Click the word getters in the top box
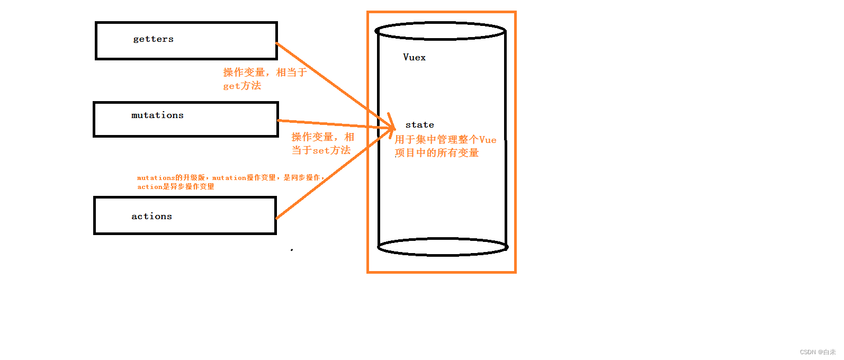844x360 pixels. (x=153, y=39)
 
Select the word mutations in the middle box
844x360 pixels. (x=157, y=115)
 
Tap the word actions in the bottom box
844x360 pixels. (x=151, y=217)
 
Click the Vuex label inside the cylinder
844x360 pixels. (x=414, y=57)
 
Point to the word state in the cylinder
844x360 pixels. (x=419, y=125)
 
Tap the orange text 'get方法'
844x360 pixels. (x=242, y=86)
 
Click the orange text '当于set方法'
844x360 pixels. (x=321, y=150)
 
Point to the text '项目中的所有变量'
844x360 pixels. (x=437, y=153)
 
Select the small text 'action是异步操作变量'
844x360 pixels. (x=176, y=187)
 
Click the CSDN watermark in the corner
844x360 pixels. (x=818, y=352)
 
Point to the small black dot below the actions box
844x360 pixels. (x=292, y=250)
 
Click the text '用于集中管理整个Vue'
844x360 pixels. (x=445, y=140)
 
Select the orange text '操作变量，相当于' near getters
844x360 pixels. (x=265, y=73)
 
